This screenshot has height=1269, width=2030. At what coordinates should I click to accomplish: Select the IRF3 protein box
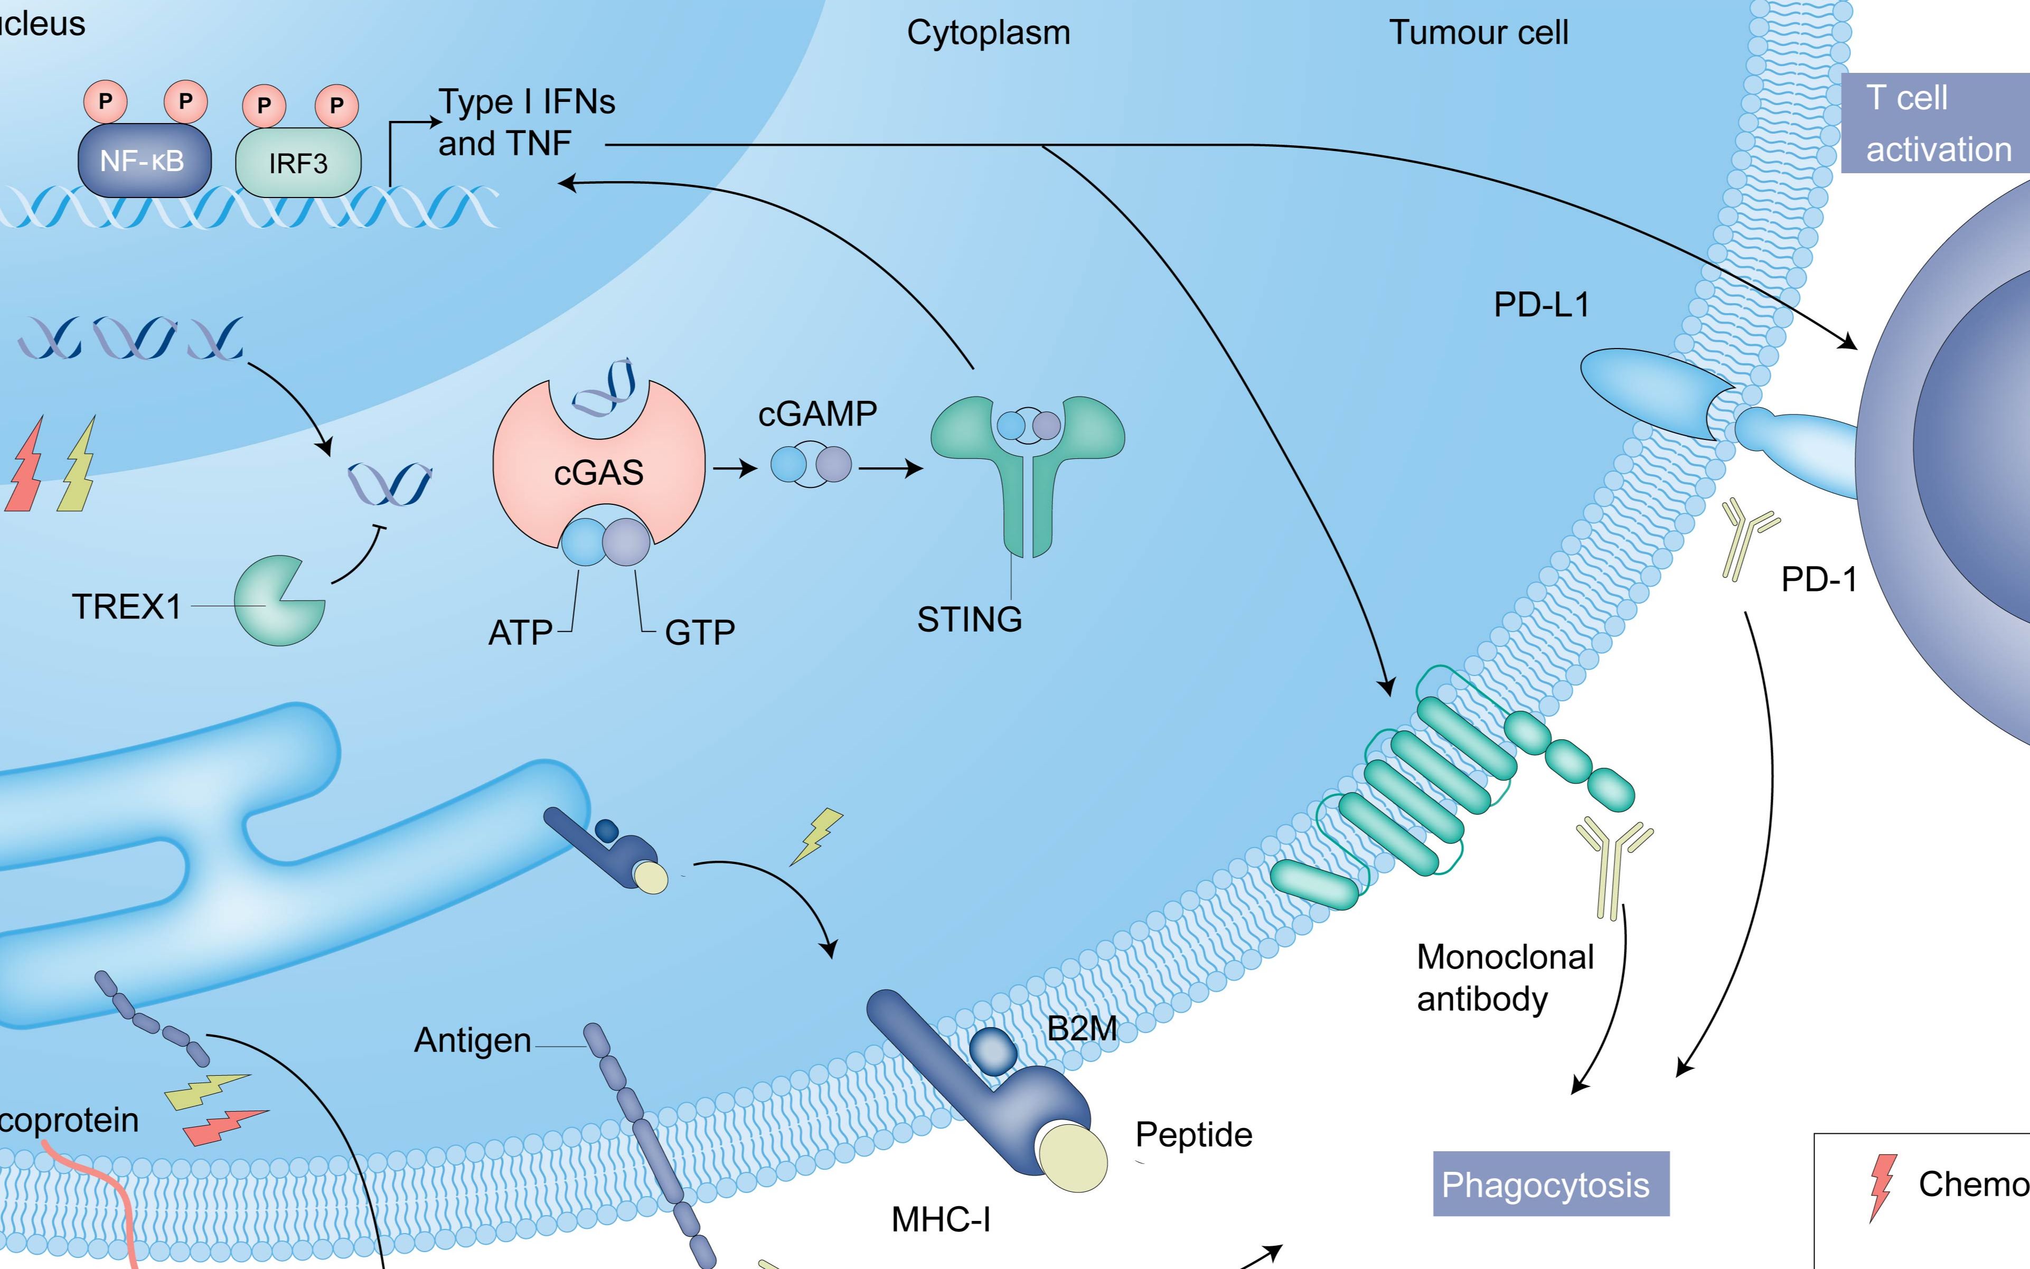[x=298, y=163]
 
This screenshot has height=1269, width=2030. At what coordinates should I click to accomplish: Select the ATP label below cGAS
[x=520, y=633]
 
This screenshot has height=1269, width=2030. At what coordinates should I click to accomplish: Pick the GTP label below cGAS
[x=700, y=633]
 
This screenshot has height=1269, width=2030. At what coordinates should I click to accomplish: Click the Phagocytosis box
[x=1550, y=1184]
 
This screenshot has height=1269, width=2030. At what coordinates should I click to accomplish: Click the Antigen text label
[x=473, y=1041]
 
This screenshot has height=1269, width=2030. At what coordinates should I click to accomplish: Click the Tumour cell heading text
[x=1479, y=33]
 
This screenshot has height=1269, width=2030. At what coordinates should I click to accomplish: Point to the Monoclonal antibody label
[x=1505, y=978]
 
